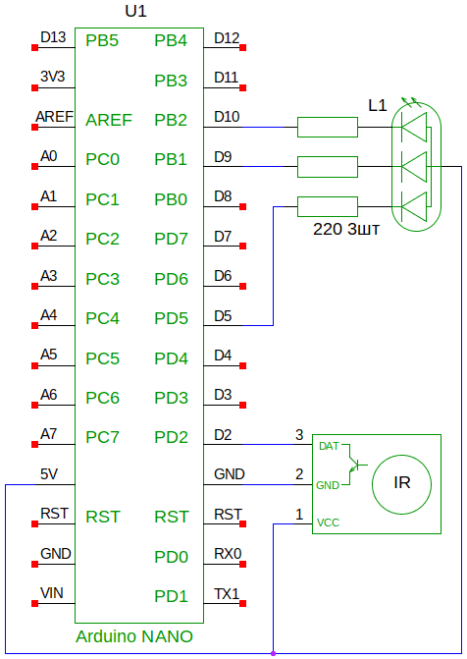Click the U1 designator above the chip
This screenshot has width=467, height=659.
pos(135,12)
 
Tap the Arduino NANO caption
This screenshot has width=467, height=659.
pos(134,636)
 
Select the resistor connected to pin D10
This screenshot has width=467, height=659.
pos(328,127)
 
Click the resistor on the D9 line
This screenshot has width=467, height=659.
pos(328,167)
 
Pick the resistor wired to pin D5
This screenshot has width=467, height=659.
pos(328,206)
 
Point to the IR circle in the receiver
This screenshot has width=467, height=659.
pos(401,455)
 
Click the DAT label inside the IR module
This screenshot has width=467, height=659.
pos(329,446)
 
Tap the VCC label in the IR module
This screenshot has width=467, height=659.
pos(328,522)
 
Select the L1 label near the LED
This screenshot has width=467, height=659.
pos(377,105)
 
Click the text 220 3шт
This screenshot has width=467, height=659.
pos(346,229)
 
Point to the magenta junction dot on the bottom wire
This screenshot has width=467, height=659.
pos(273,653)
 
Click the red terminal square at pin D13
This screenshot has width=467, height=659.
pos(35,48)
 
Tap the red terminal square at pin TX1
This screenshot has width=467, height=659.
pos(242,604)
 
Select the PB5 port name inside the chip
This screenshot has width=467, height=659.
pos(102,41)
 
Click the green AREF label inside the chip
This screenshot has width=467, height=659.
pos(109,120)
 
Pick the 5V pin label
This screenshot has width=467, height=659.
pos(49,474)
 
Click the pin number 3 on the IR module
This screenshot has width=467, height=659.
pos(299,434)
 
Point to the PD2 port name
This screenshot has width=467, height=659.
pos(171,437)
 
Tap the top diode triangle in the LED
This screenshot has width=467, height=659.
pos(414,127)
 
